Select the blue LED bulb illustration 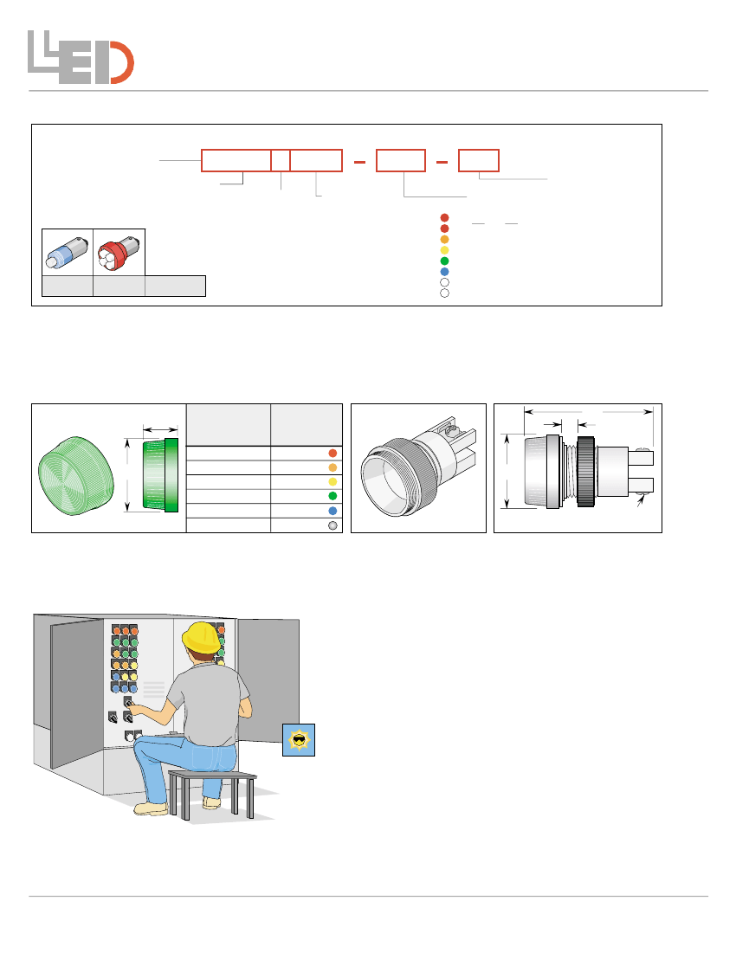click(67, 253)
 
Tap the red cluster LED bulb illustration click(119, 252)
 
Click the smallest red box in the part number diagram click(281, 160)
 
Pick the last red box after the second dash click(479, 160)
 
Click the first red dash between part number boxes click(360, 162)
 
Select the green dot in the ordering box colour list click(444, 261)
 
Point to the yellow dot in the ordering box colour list click(444, 250)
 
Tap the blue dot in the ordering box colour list click(444, 272)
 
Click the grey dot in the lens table click(332, 525)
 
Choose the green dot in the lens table click(332, 496)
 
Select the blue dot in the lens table click(332, 512)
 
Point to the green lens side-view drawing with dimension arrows click(160, 474)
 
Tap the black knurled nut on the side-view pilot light click(585, 472)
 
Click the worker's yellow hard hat click(201, 638)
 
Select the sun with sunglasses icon click(299, 740)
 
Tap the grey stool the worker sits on click(212, 794)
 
